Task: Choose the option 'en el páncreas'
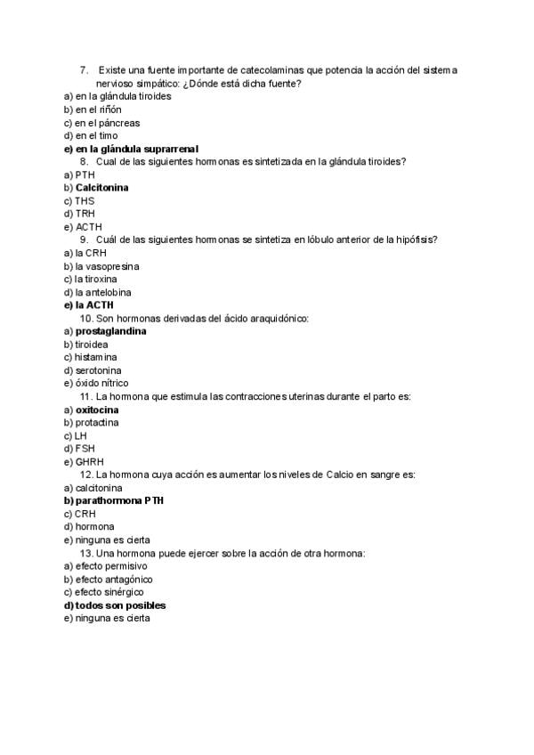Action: coord(107,123)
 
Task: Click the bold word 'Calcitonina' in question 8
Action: coord(101,188)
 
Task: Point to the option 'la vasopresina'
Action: coord(107,266)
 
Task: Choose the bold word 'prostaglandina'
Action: coord(111,331)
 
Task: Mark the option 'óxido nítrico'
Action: coord(101,383)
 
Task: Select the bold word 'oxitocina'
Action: coord(97,410)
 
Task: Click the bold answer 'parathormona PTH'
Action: coord(119,501)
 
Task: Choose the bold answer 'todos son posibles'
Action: coord(120,605)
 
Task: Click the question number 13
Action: coord(87,553)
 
